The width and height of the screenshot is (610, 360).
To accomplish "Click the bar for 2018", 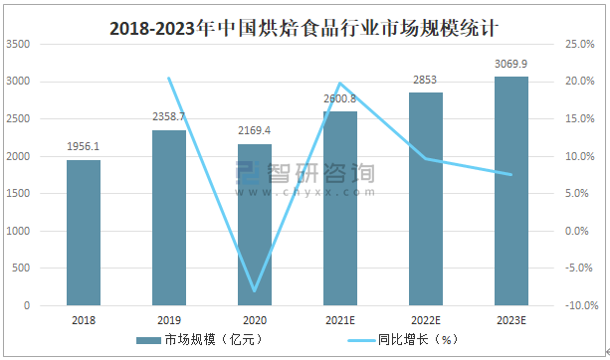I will coord(84,233).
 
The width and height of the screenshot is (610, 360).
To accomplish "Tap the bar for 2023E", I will coord(511,191).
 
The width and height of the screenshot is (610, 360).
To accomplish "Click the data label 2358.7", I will coord(169,117).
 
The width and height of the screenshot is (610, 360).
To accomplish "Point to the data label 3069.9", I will coord(511,65).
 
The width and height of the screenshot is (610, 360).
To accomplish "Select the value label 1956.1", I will coord(84,147).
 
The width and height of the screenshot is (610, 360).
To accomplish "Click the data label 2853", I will coord(426,81).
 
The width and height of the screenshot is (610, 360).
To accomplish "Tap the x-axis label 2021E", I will coord(340,320).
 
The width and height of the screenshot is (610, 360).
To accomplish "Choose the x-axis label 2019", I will coord(169,320).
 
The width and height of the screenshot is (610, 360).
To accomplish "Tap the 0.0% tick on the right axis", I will coord(580,232).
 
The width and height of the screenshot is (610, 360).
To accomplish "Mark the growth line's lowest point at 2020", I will coord(255,291).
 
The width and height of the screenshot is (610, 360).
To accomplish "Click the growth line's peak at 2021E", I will coord(340,84).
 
